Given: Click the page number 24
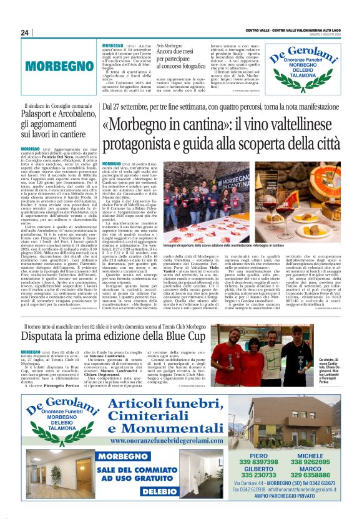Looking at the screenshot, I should pyautogui.click(x=25, y=32).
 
